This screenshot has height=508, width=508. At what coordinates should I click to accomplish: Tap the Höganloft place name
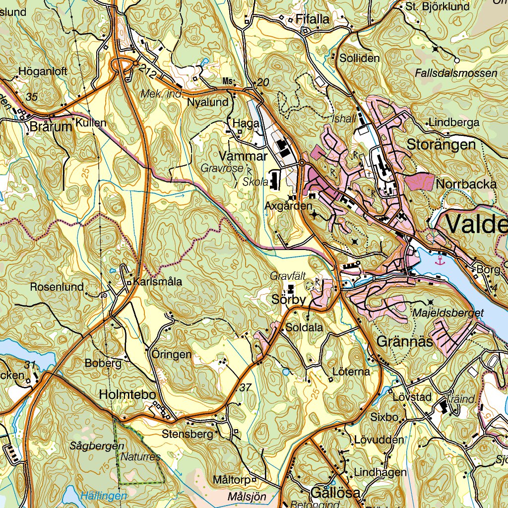tap(43, 71)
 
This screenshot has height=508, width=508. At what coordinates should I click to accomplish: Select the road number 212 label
tap(148, 72)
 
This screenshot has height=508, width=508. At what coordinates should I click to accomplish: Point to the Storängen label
tap(441, 145)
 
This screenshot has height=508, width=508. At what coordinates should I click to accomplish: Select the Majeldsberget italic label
tap(447, 313)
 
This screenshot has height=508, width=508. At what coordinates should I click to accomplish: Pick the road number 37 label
tap(245, 388)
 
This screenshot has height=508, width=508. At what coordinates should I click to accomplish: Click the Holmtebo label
tap(127, 395)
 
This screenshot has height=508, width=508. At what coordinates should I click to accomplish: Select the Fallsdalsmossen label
tap(455, 73)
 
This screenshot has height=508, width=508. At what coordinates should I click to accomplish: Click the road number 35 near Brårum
tap(32, 97)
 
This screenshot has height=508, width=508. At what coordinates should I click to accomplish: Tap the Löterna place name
tap(351, 372)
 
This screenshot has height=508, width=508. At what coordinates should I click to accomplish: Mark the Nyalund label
tap(208, 103)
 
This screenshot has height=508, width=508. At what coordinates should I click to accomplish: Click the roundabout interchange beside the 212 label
tap(121, 65)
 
